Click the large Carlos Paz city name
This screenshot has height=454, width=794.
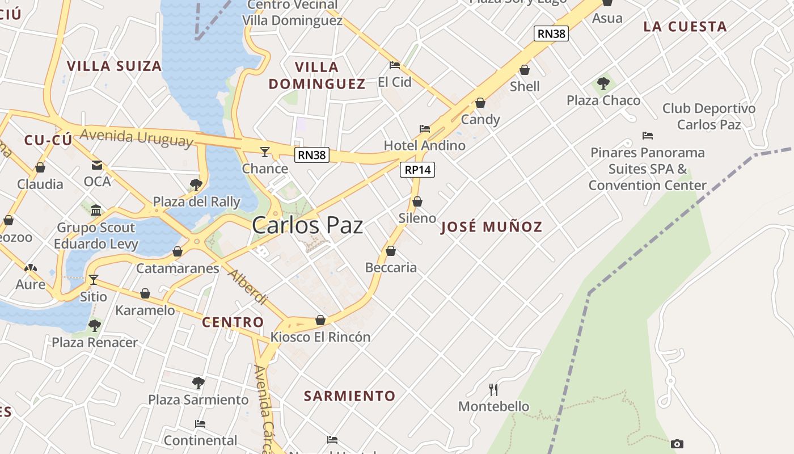click(307, 225)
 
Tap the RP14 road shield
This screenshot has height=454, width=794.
click(417, 170)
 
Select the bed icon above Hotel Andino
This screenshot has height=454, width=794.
click(424, 129)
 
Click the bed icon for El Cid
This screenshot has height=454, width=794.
click(395, 65)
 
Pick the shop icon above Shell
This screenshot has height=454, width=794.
click(525, 70)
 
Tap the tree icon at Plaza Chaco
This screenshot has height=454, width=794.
click(603, 83)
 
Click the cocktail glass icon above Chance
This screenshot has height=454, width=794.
click(264, 152)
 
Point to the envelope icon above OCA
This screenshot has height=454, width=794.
click(97, 165)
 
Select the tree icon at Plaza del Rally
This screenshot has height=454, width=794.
click(196, 184)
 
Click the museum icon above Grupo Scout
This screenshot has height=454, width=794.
click(96, 211)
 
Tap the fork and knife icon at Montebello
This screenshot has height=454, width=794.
click(493, 389)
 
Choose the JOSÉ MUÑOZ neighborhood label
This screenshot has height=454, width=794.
click(491, 228)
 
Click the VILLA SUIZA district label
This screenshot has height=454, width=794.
click(115, 66)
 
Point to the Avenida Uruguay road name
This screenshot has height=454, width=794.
click(137, 137)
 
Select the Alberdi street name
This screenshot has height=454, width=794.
click(247, 287)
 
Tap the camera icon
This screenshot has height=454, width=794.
click(677, 444)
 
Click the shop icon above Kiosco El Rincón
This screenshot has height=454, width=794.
click(320, 320)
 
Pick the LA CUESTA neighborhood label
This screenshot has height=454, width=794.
click(685, 27)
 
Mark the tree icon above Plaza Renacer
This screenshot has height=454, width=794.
click(95, 326)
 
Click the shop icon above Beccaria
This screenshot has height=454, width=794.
click(391, 250)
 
